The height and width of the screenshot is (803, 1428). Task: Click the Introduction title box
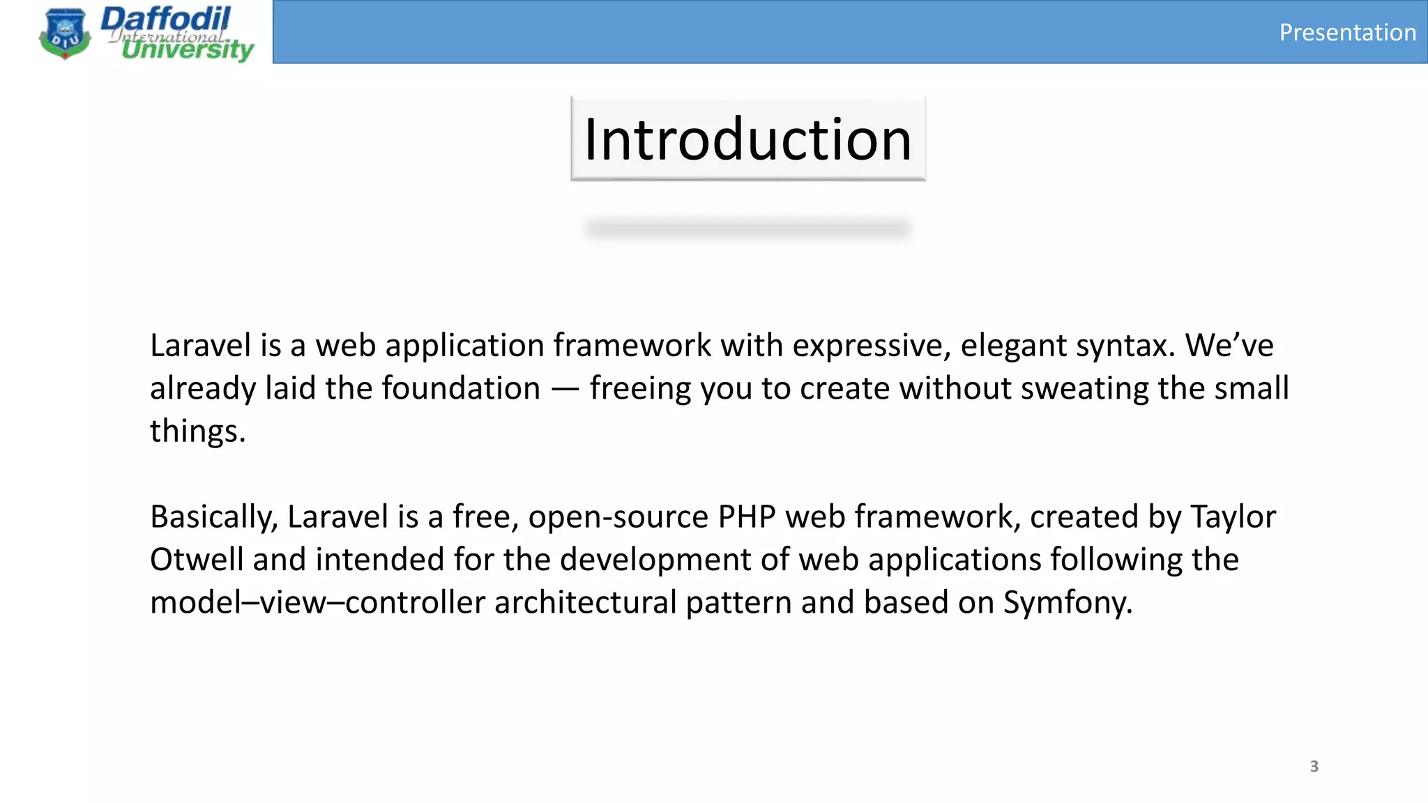click(x=747, y=139)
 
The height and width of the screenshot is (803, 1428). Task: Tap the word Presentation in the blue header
click(x=1347, y=33)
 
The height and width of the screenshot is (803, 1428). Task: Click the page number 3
click(x=1314, y=766)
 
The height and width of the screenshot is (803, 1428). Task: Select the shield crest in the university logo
click(x=65, y=33)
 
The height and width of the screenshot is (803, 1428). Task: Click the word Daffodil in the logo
click(x=166, y=19)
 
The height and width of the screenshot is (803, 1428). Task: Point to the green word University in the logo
click(x=187, y=49)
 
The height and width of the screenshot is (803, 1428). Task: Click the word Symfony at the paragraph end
click(x=1067, y=602)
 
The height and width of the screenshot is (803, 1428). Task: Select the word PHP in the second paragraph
click(x=747, y=517)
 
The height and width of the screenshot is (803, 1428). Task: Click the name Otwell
click(x=196, y=560)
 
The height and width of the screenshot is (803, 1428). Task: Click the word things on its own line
click(x=197, y=431)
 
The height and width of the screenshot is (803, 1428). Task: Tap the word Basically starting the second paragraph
click(x=213, y=517)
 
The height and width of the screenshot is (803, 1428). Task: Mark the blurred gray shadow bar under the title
click(x=747, y=229)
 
